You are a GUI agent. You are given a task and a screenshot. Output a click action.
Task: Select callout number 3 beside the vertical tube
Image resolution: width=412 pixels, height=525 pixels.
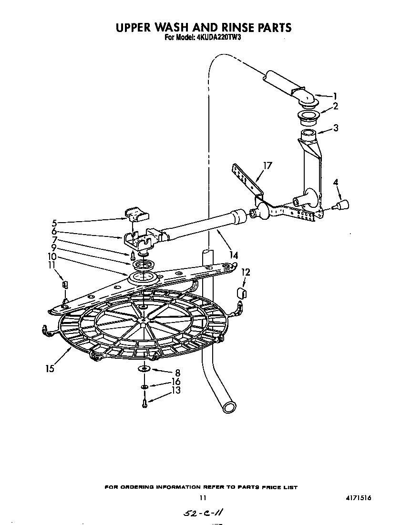336,128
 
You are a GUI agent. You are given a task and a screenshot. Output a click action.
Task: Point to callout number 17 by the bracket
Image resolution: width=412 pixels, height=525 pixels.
268,166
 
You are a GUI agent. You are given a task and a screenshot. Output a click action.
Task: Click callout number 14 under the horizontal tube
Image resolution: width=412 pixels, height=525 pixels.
234,256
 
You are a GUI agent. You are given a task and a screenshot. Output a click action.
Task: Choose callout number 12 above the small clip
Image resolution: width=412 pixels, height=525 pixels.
246,272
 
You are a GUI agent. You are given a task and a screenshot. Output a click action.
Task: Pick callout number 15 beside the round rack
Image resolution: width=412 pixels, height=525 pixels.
50,368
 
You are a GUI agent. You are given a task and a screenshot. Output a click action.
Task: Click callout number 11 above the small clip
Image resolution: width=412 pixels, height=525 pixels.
51,265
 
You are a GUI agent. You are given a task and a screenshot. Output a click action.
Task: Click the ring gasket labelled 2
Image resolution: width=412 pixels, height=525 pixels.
308,115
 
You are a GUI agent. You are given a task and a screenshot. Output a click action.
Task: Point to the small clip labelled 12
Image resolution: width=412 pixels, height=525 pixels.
241,292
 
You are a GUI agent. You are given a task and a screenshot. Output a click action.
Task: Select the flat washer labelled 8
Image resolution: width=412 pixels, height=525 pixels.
144,368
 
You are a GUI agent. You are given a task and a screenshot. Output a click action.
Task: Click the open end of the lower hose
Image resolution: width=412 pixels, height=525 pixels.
228,407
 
